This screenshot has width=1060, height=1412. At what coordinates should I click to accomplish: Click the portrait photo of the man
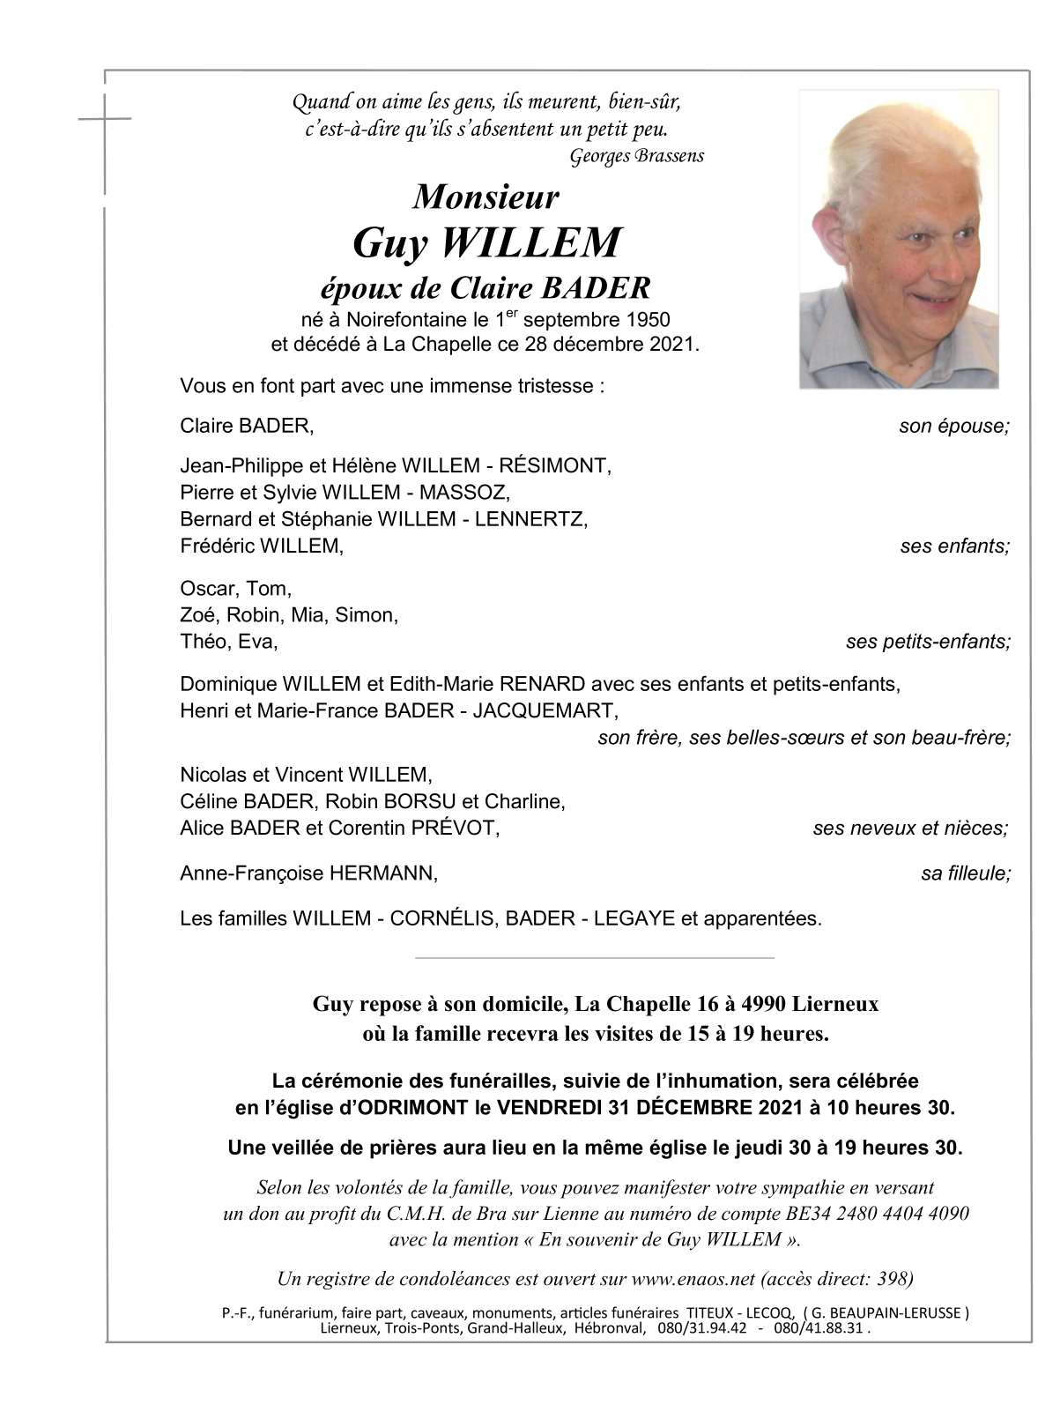[899, 239]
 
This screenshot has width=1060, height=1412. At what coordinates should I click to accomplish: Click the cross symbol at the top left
[105, 117]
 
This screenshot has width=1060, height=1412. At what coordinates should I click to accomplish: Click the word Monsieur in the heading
[486, 197]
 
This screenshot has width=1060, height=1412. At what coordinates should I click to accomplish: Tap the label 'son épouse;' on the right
[953, 427]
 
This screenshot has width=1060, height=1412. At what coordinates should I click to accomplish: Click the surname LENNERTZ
[530, 519]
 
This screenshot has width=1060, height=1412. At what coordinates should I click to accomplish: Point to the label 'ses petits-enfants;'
[927, 642]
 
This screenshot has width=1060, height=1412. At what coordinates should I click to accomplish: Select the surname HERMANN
[383, 873]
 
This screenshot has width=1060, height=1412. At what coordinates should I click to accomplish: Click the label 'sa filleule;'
[965, 873]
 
